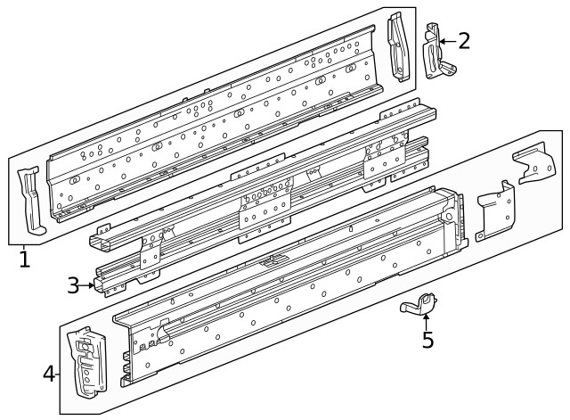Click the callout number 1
tap(24, 259)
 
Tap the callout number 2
tap(463, 39)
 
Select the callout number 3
tap(74, 285)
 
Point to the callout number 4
tap(49, 372)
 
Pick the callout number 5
tap(427, 341)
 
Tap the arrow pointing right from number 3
tap(90, 285)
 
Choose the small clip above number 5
tap(419, 306)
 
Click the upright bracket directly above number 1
tap(29, 202)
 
